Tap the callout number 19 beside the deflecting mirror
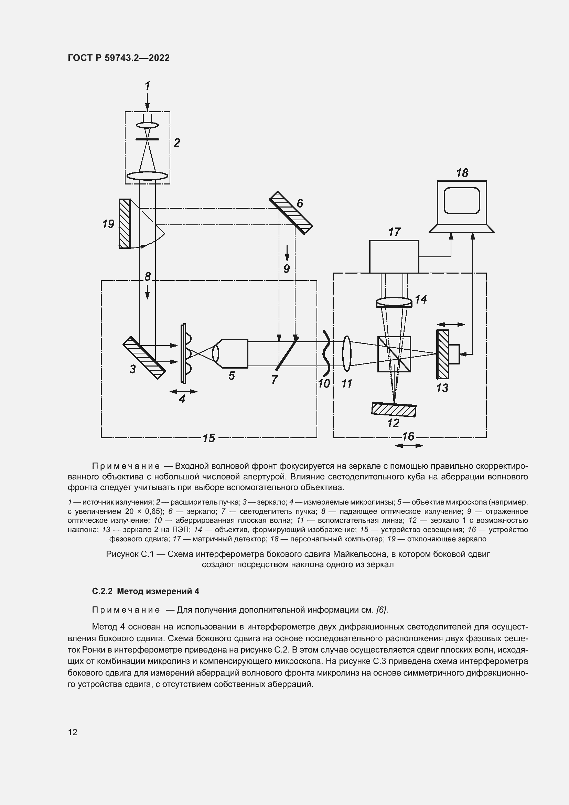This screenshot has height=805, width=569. pyautogui.click(x=108, y=224)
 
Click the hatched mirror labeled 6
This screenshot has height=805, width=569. pyautogui.click(x=290, y=212)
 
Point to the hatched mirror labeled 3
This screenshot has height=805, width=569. pyautogui.click(x=144, y=358)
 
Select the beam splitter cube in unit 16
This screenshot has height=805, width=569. pyautogui.click(x=394, y=354)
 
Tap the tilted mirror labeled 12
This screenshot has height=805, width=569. pyautogui.click(x=394, y=410)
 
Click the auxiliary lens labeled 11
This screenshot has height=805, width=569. pyautogui.click(x=346, y=353)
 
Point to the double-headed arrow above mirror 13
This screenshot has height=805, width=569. pyautogui.click(x=451, y=325)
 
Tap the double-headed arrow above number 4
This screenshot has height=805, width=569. pyautogui.click(x=183, y=391)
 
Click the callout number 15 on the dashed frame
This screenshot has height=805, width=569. pyautogui.click(x=209, y=438)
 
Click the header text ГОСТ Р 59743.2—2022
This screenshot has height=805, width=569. pyautogui.click(x=118, y=58)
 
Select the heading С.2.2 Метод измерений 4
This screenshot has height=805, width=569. pyautogui.click(x=146, y=592)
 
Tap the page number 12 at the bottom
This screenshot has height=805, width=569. pyautogui.click(x=73, y=732)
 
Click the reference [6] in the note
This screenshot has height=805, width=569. pyautogui.click(x=381, y=610)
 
